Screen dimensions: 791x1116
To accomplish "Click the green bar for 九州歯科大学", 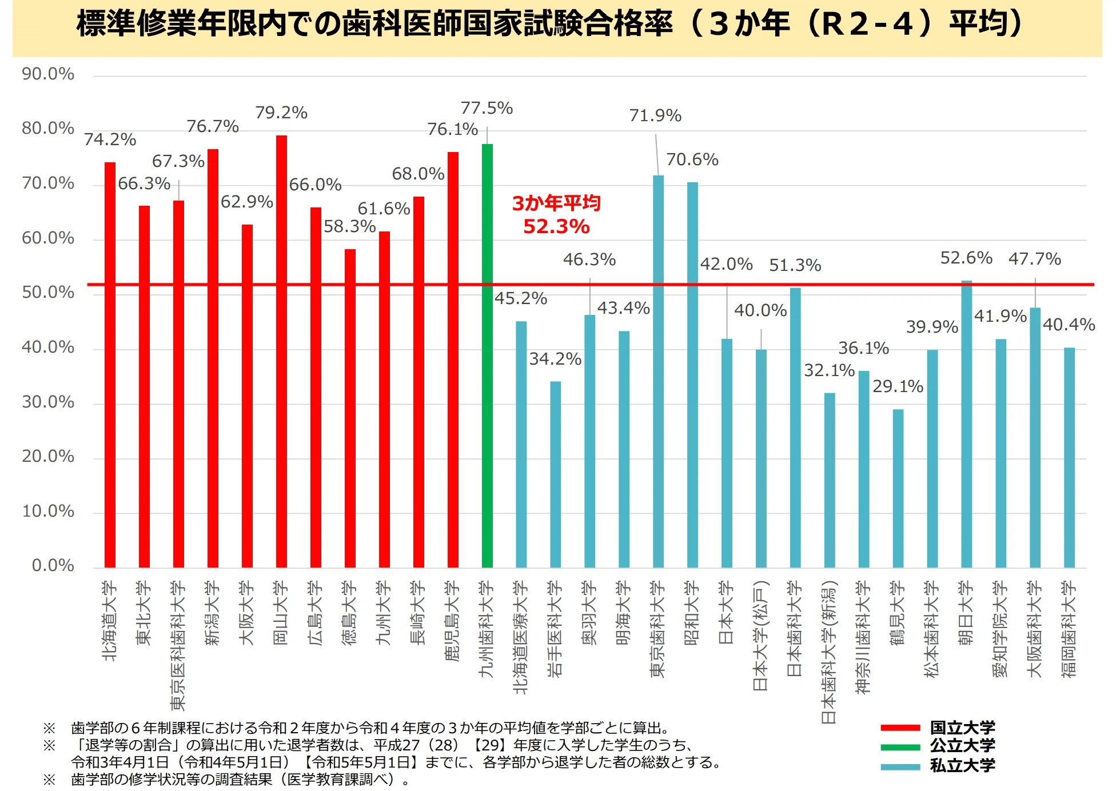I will [487, 354].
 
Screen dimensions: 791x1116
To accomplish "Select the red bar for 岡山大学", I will [281, 351].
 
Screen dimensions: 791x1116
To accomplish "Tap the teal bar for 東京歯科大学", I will [658, 371].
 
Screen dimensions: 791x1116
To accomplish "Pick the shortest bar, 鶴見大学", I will [898, 489].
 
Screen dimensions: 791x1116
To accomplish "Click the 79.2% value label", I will [281, 113].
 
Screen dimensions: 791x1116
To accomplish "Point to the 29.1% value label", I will [898, 386].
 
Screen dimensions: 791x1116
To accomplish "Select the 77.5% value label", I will [487, 108].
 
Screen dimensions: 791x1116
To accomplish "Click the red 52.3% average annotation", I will [556, 226].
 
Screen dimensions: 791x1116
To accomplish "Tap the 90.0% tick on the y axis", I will [48, 74].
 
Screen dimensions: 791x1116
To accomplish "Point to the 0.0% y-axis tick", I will [53, 566].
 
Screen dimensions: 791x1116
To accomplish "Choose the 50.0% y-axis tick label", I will [48, 293].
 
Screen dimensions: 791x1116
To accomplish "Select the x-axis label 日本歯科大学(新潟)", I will [829, 652].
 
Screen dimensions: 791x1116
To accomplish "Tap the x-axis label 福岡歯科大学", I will [1069, 629].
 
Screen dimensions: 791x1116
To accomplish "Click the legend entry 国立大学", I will [962, 728].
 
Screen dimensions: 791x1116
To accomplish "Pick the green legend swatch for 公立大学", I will [900, 746].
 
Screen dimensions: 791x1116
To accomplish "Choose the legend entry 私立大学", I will [962, 765].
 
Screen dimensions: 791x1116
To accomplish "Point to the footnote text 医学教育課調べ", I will [340, 780].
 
